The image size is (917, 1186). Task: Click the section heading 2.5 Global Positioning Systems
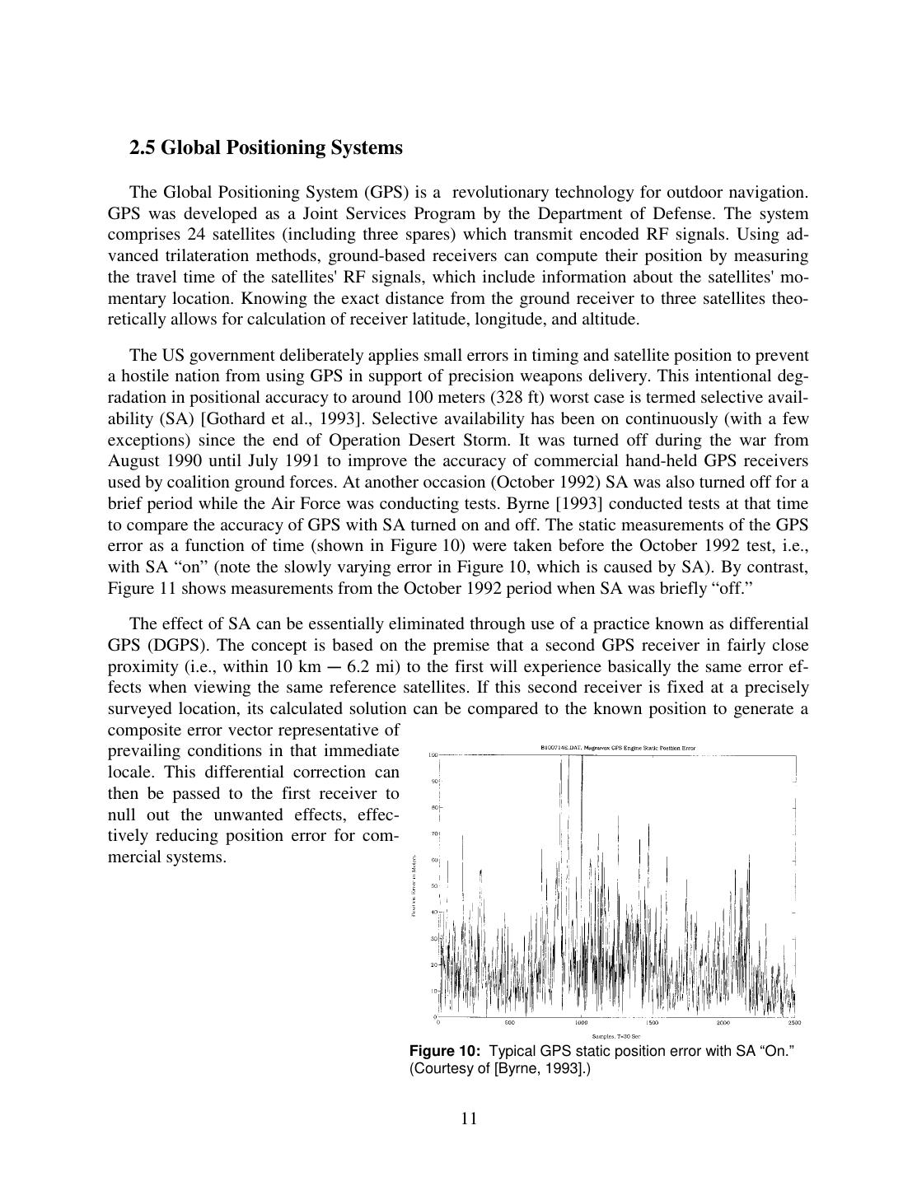click(265, 147)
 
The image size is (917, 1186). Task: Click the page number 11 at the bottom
click(469, 1118)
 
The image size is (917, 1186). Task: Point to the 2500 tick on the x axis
click(794, 1023)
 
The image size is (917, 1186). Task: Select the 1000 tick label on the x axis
click(582, 1023)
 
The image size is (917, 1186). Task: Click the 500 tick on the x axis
click(509, 1023)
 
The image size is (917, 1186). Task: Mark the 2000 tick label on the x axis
click(723, 1023)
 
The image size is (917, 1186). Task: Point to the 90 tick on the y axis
click(433, 781)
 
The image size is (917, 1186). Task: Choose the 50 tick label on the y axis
click(433, 886)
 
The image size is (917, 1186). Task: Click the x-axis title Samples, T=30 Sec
click(616, 1036)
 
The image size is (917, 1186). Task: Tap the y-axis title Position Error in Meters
click(414, 885)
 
